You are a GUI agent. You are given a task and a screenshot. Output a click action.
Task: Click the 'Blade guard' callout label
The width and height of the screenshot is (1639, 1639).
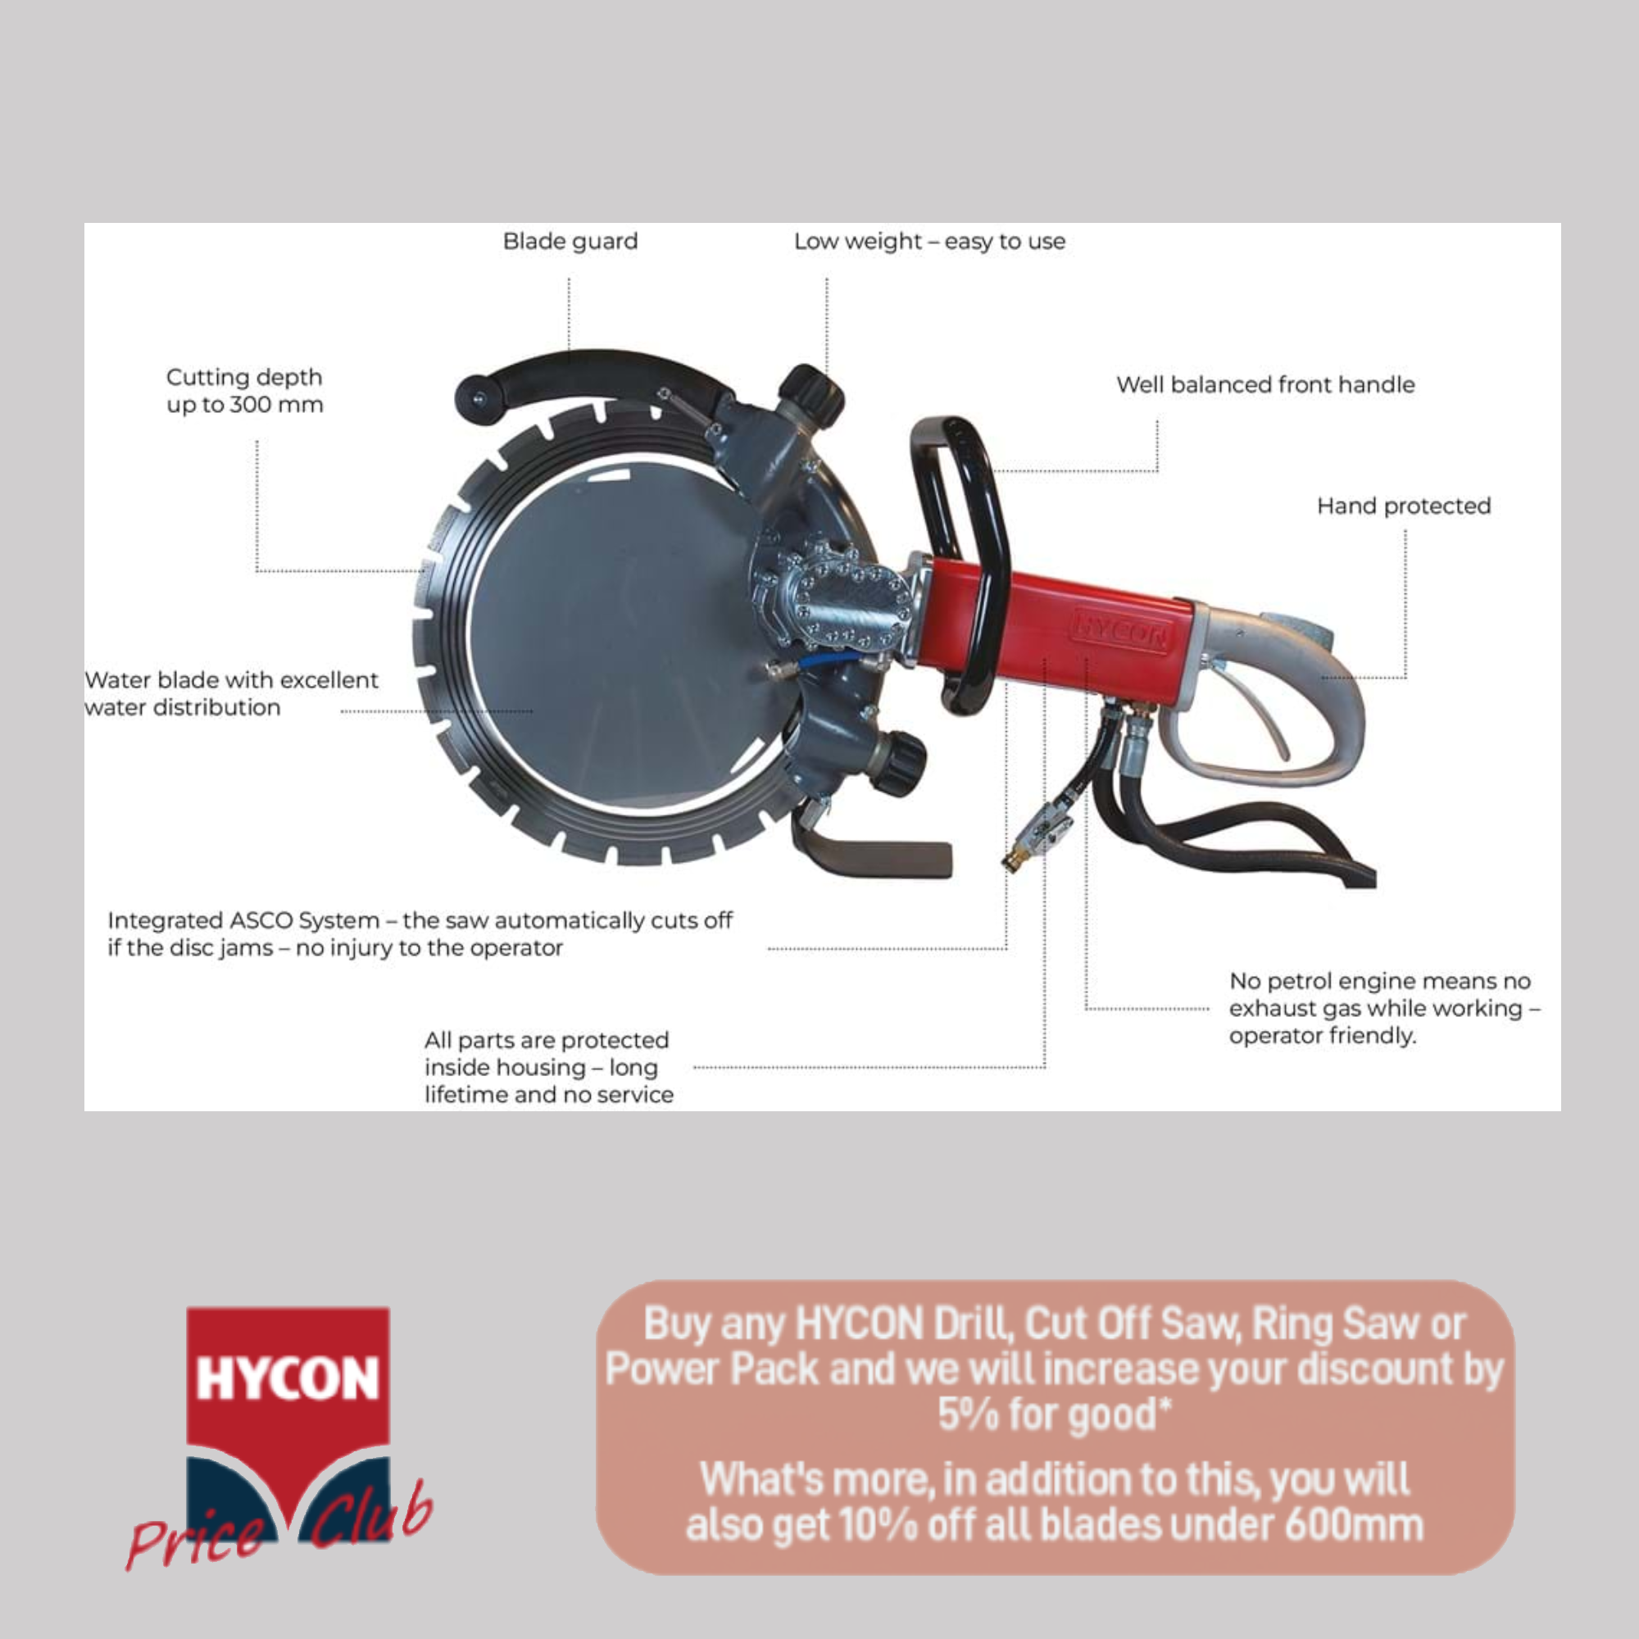pyautogui.click(x=570, y=242)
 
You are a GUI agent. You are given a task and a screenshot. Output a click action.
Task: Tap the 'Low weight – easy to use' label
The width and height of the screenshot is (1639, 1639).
pyautogui.click(x=929, y=242)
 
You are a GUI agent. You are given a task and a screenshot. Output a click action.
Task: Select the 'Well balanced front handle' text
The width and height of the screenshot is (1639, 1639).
pyautogui.click(x=1264, y=385)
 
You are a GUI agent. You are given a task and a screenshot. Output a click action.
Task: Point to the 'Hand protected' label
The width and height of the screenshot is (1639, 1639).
pyautogui.click(x=1403, y=506)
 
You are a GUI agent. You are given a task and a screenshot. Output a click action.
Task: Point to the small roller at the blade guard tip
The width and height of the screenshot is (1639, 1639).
pyautogui.click(x=477, y=397)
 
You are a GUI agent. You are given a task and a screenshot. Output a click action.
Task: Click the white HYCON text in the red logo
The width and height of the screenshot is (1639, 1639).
pyautogui.click(x=288, y=1377)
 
